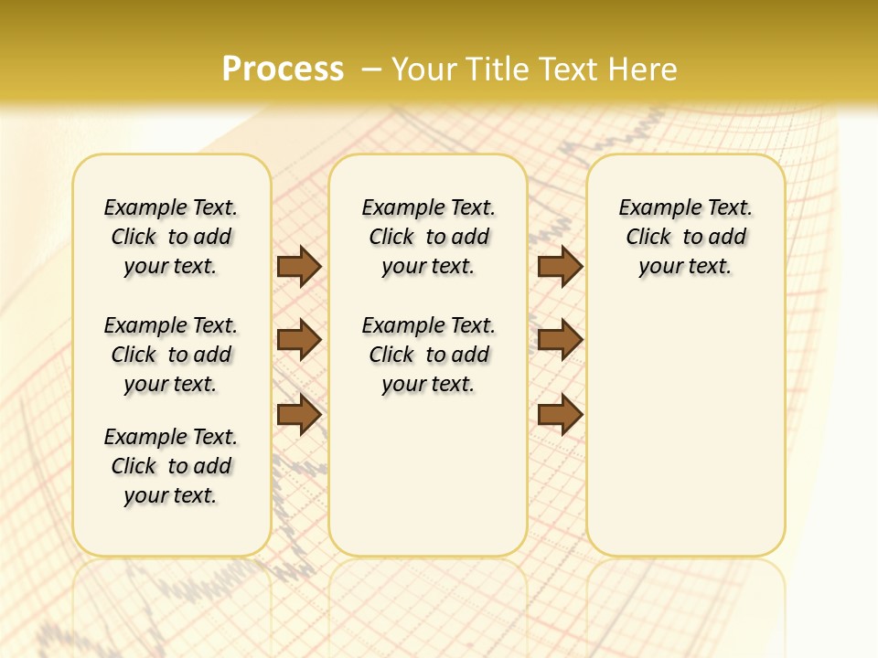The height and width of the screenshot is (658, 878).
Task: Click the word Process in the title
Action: coord(283,69)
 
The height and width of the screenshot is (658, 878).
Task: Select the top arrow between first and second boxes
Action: coord(299,266)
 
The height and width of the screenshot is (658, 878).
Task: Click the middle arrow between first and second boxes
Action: coord(299,340)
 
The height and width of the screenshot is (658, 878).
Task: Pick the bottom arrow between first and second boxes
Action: coord(299,415)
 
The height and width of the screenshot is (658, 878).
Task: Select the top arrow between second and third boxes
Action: coord(560,266)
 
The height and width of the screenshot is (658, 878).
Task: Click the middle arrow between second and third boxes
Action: coord(560,340)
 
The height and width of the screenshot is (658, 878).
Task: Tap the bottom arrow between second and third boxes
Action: coord(560,415)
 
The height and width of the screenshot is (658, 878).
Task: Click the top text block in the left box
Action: coord(171,237)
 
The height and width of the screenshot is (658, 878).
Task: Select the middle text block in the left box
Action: coord(171,355)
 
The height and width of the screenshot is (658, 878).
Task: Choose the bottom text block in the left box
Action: coord(171,466)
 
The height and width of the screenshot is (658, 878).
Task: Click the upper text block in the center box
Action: coord(428,237)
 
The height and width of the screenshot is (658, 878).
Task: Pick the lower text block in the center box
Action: coord(428,355)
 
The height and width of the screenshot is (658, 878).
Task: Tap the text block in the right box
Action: coord(685,237)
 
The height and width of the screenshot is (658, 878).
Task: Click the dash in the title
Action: coord(371,69)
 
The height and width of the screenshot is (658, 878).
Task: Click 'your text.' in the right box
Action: coord(685,267)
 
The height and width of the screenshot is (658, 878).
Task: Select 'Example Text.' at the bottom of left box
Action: coord(171,437)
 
